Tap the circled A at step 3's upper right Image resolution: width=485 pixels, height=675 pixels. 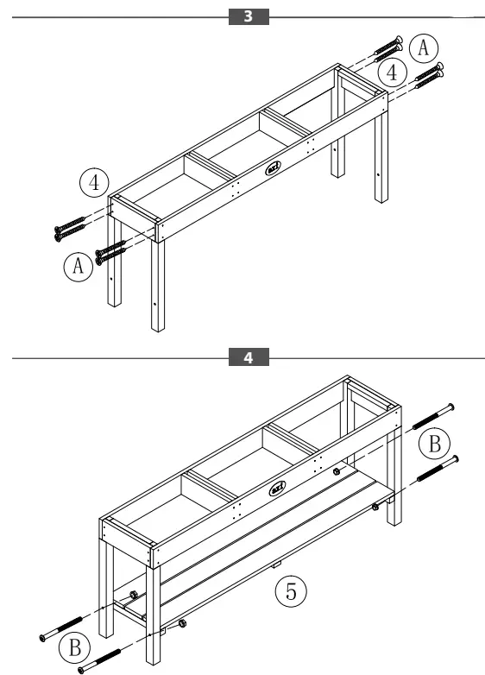(422, 48)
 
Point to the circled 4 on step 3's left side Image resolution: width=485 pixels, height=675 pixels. (93, 183)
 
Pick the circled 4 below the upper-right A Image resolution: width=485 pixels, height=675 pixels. (394, 73)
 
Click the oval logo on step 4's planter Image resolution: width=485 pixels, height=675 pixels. (276, 489)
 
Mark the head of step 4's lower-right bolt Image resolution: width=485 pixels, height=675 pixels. (454, 459)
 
